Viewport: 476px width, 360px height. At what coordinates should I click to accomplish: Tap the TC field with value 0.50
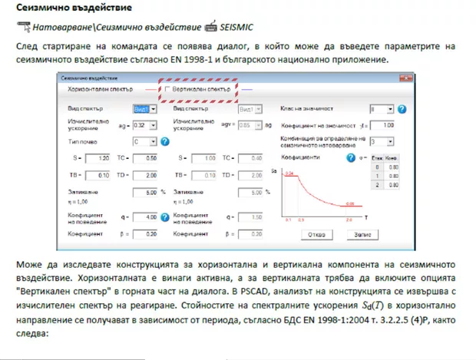(x=150, y=158)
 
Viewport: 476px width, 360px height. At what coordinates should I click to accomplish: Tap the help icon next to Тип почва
(x=164, y=141)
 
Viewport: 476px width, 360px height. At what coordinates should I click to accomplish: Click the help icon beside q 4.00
(x=164, y=218)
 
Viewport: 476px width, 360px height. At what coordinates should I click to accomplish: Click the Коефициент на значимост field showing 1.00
(x=385, y=124)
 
